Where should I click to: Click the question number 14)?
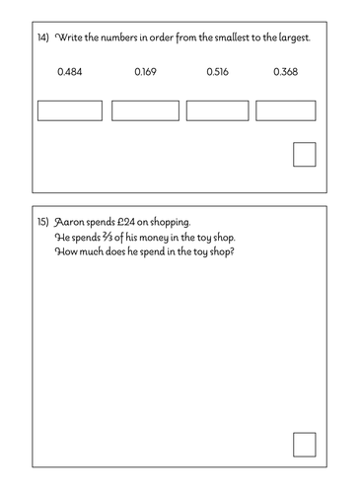[x=41, y=36]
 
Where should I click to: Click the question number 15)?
[x=41, y=224]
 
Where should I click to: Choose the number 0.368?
[x=285, y=72]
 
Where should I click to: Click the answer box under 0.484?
[x=70, y=110]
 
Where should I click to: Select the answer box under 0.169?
[x=145, y=110]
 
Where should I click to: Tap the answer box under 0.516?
[x=217, y=110]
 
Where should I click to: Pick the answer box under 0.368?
[x=285, y=110]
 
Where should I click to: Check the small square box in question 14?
[x=305, y=155]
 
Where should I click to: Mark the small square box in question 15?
[x=305, y=445]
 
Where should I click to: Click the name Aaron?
[x=72, y=224]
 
